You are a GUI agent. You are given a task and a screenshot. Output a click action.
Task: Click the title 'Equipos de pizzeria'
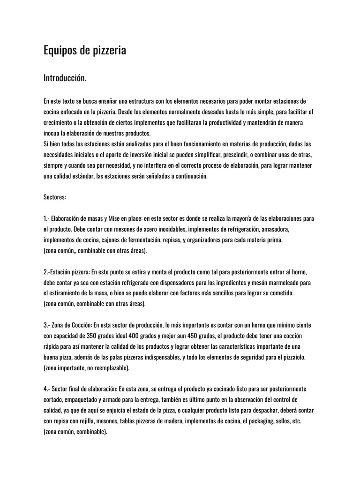coord(84,51)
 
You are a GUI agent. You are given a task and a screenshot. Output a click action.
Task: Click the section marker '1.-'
coord(46,218)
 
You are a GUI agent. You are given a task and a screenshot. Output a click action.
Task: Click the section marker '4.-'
coord(46,389)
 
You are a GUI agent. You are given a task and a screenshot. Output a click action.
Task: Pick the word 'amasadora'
coord(275,229)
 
